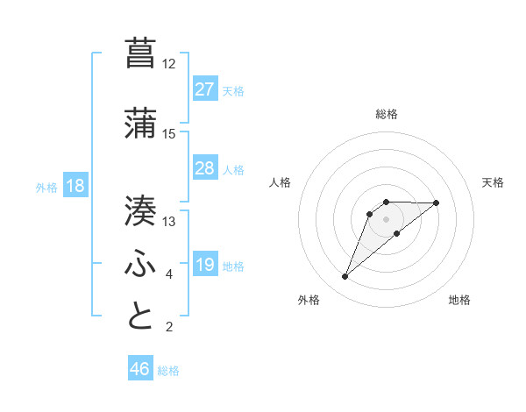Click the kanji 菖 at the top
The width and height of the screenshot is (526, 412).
tap(141, 52)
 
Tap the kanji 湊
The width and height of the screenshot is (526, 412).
tap(141, 210)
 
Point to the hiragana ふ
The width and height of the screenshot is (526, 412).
tap(141, 262)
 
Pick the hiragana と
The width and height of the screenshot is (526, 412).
tap(141, 315)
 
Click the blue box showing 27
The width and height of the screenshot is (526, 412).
tap(205, 89)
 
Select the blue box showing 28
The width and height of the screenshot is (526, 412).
tap(205, 168)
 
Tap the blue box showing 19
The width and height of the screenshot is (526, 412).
tap(205, 265)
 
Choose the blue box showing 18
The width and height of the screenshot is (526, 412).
tap(74, 186)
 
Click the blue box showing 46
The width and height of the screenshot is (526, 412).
tap(140, 369)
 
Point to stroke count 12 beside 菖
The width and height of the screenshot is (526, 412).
tap(168, 64)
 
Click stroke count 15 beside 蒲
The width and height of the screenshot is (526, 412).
tap(168, 134)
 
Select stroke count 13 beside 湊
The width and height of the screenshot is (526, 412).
tap(168, 222)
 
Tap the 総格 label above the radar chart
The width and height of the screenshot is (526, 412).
tap(386, 114)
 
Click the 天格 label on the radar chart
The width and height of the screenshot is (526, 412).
tap(494, 182)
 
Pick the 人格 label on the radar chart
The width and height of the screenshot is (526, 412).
tap(280, 182)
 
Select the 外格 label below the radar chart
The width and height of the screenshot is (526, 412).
tap(309, 301)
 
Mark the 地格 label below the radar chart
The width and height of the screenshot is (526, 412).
tap(459, 301)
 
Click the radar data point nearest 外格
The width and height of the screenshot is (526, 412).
tap(345, 277)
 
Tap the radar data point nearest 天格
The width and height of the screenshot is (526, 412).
tap(437, 202)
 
